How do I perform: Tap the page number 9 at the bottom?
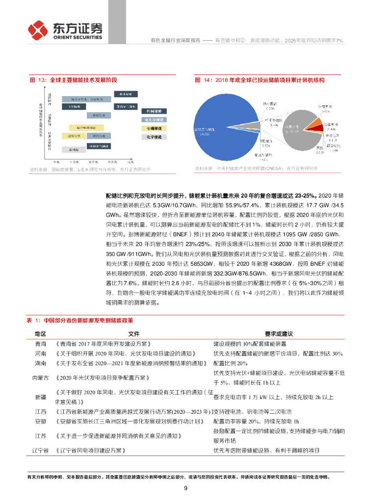pos(185,488)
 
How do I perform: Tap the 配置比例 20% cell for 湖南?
pos(230,363)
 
